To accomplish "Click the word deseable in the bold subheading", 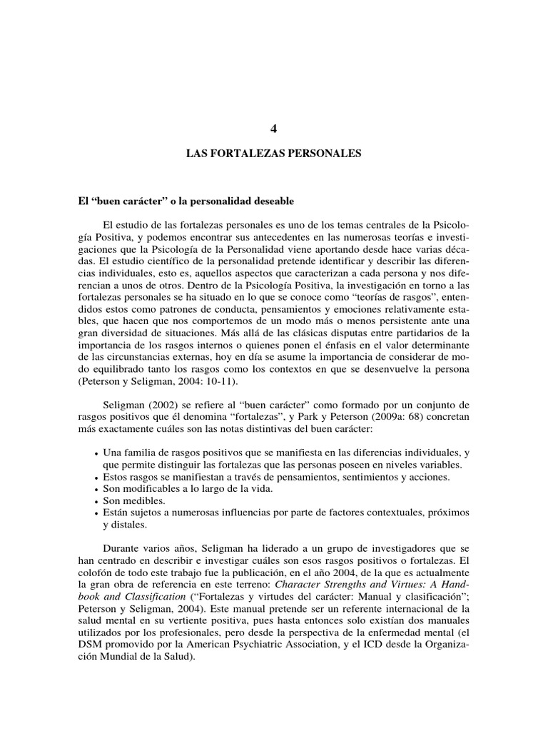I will click(271, 203).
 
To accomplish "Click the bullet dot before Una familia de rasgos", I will click(96, 453).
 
